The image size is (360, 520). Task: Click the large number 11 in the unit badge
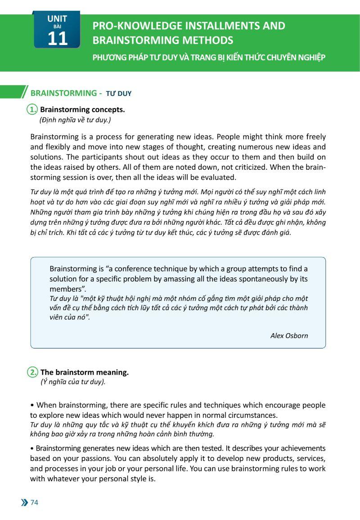[x=57, y=39]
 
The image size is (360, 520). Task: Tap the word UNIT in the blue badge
[x=57, y=19]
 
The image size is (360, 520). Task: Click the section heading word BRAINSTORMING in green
[x=63, y=93]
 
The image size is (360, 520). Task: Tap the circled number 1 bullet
[x=32, y=109]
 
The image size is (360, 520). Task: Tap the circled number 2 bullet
[x=32, y=372]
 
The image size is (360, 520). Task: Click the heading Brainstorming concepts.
[x=82, y=109]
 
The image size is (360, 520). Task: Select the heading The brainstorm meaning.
[x=85, y=372]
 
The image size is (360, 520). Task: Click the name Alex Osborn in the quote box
[x=289, y=335]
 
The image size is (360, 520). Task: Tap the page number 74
[x=34, y=502]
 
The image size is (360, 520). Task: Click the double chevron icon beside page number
[x=24, y=502]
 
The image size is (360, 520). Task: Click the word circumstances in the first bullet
[x=251, y=415]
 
